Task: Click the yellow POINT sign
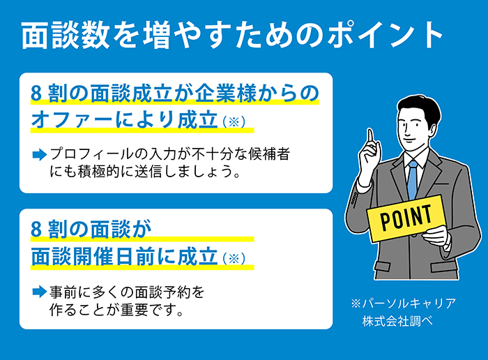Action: click(406, 218)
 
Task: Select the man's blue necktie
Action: click(413, 180)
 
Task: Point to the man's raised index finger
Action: click(370, 137)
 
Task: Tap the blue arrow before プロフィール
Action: click(39, 154)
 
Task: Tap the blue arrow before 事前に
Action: click(39, 292)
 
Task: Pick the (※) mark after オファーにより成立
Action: click(234, 121)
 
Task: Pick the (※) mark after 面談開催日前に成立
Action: click(234, 258)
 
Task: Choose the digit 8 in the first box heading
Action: click(36, 93)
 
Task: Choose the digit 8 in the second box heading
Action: click(36, 230)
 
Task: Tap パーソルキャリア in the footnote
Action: click(409, 303)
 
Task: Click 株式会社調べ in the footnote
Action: click(397, 321)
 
